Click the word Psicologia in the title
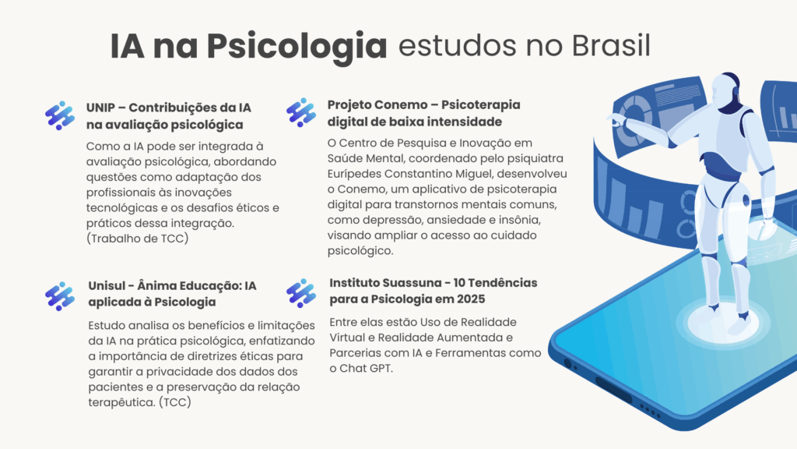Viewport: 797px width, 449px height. pyautogui.click(x=297, y=46)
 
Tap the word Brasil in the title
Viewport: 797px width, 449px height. pyautogui.click(x=611, y=45)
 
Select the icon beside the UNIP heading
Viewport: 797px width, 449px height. pyautogui.click(x=60, y=115)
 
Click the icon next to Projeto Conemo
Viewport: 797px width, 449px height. pyautogui.click(x=301, y=112)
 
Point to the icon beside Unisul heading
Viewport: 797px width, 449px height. pyautogui.click(x=60, y=296)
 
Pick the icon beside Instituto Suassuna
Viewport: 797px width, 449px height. pyautogui.click(x=301, y=293)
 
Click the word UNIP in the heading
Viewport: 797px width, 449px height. pyautogui.click(x=100, y=108)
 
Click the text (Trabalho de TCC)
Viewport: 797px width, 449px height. pyautogui.click(x=137, y=239)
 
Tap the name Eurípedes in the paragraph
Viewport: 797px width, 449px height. pyautogui.click(x=354, y=174)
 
